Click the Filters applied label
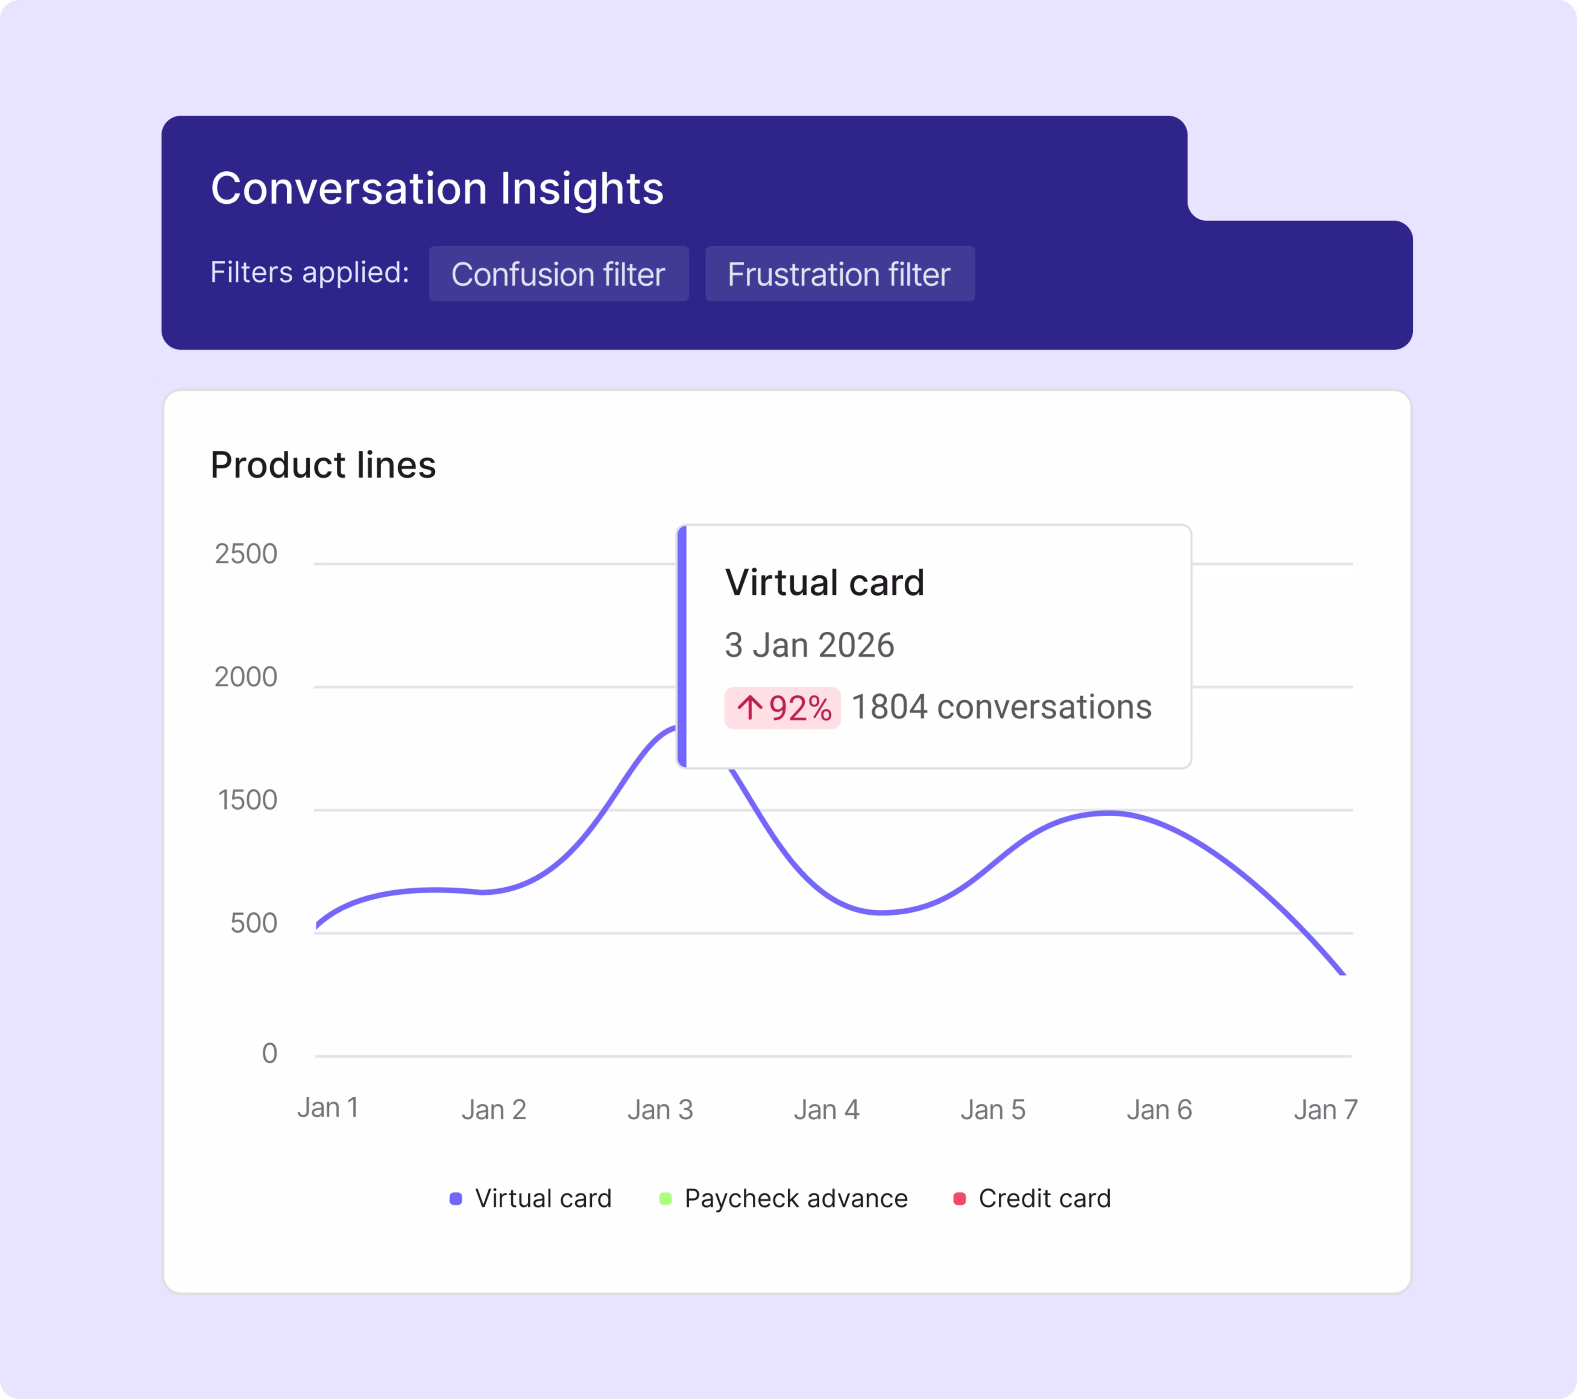tap(309, 272)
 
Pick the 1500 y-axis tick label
tap(247, 800)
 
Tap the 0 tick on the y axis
tap(269, 1053)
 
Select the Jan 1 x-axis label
tap(328, 1108)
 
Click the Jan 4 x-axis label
tap(826, 1110)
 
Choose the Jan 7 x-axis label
tap(1325, 1110)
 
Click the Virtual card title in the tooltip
tap(824, 582)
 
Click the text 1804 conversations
tap(1001, 707)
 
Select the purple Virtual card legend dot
tap(456, 1199)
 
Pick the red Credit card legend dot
tap(960, 1199)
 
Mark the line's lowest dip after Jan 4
tap(882, 913)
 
